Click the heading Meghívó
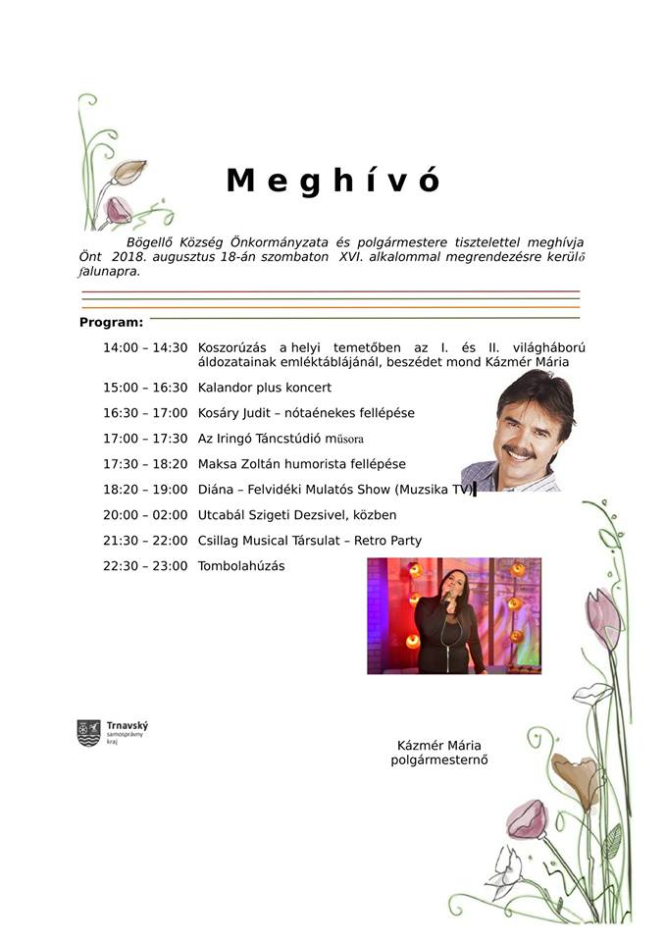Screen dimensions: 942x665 point(333,181)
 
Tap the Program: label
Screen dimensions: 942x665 point(111,322)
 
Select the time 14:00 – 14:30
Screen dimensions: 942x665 point(145,347)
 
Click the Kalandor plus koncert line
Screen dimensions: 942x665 point(265,388)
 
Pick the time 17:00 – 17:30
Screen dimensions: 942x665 point(145,439)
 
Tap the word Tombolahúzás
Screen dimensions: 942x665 point(241,565)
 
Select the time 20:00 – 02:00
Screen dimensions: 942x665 point(145,514)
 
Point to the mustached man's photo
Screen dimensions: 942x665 point(516,431)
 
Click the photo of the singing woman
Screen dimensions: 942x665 point(453,615)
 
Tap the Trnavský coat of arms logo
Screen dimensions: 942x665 point(88,733)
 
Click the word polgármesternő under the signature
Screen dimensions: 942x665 point(439,759)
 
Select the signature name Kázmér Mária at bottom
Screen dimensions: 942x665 point(439,745)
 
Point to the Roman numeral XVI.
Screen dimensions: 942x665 point(351,255)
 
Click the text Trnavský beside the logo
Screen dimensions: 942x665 point(128,725)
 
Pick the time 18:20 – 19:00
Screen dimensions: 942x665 point(145,489)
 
